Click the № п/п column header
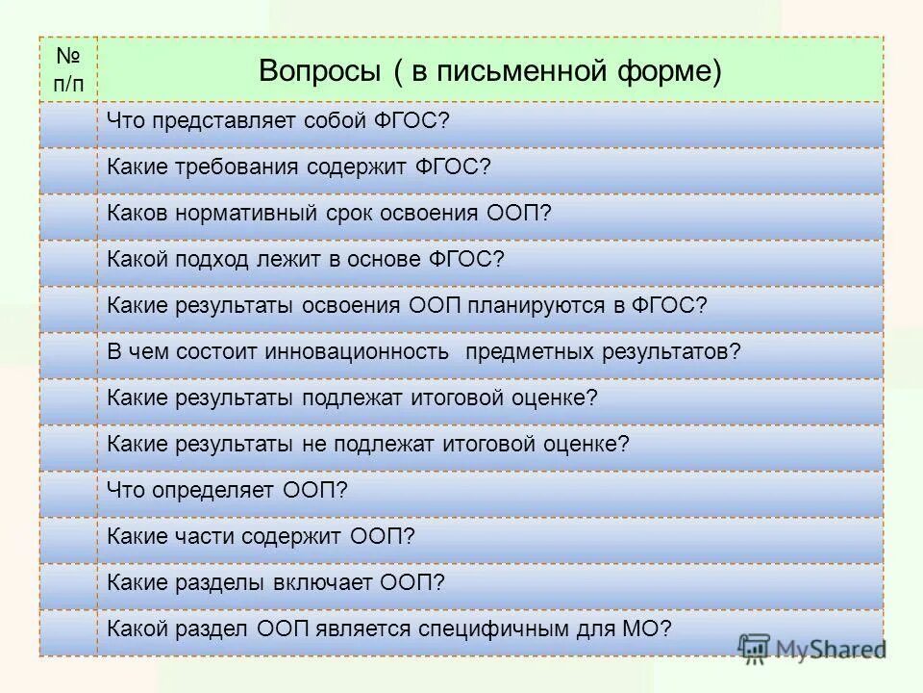pyautogui.click(x=68, y=70)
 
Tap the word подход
pyautogui.click(x=212, y=260)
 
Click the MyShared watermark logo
pyautogui.click(x=813, y=649)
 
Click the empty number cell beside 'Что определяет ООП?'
pyautogui.click(x=68, y=491)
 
